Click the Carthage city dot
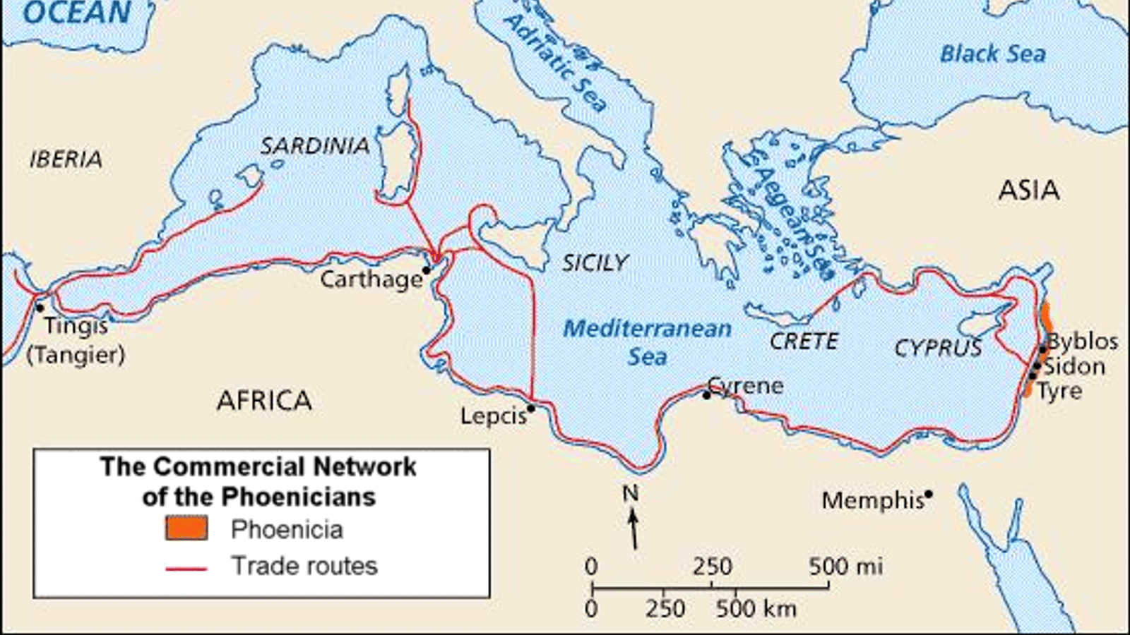426,270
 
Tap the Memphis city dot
929,494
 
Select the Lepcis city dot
531,408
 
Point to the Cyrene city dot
706,395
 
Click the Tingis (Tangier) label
76,339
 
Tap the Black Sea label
992,54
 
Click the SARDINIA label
314,146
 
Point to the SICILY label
595,263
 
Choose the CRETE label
804,341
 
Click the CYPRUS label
938,348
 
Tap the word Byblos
1083,341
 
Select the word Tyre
1059,391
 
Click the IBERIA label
66,159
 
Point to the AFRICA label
264,401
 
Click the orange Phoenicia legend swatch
186,528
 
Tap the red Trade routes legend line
186,568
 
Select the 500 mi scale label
845,566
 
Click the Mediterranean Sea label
647,342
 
